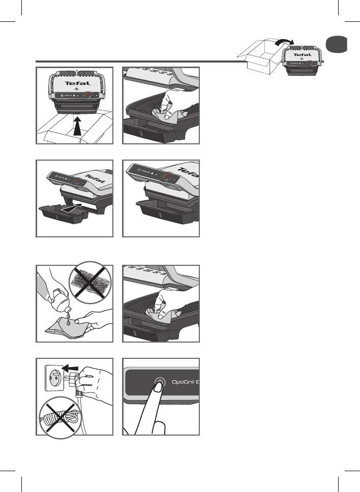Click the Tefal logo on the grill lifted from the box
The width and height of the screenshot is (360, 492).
click(75, 82)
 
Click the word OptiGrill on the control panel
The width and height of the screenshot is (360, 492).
click(181, 382)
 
